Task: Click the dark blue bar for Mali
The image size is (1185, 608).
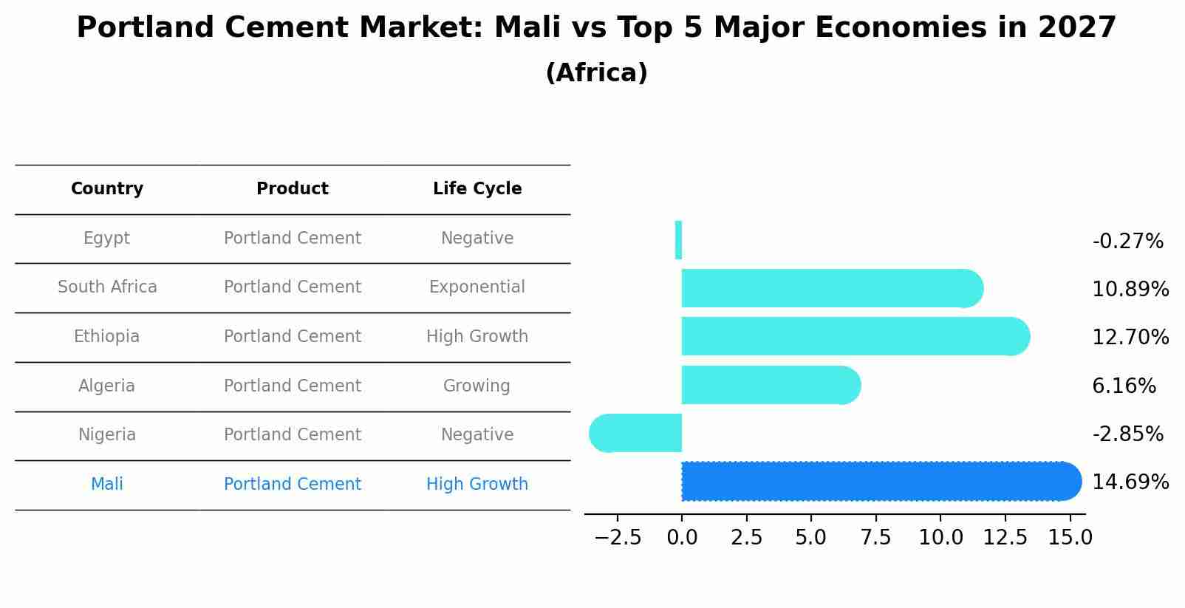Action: click(x=879, y=482)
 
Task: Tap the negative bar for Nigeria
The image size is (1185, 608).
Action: click(x=637, y=434)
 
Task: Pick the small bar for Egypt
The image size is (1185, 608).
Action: click(x=678, y=240)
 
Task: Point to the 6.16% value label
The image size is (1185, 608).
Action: click(x=1124, y=386)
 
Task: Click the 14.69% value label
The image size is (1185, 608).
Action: click(x=1130, y=482)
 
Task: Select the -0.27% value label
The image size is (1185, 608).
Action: click(x=1127, y=242)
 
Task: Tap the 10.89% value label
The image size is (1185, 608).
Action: click(x=1130, y=290)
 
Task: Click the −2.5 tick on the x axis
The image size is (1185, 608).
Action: click(x=618, y=538)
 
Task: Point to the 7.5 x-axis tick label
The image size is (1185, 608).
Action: click(x=875, y=538)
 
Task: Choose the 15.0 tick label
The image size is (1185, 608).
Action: click(x=1070, y=538)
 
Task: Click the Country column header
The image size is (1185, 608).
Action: click(x=107, y=189)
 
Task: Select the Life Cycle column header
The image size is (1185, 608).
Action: click(x=477, y=189)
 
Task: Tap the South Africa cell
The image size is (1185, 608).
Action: click(x=107, y=287)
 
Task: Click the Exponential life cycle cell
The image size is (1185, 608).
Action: click(x=477, y=287)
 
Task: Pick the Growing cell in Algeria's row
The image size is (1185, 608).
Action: click(x=477, y=386)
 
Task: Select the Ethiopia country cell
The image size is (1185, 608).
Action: click(x=106, y=337)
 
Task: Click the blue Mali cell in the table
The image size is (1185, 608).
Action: click(x=106, y=485)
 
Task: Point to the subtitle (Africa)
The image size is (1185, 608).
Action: click(x=596, y=73)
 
